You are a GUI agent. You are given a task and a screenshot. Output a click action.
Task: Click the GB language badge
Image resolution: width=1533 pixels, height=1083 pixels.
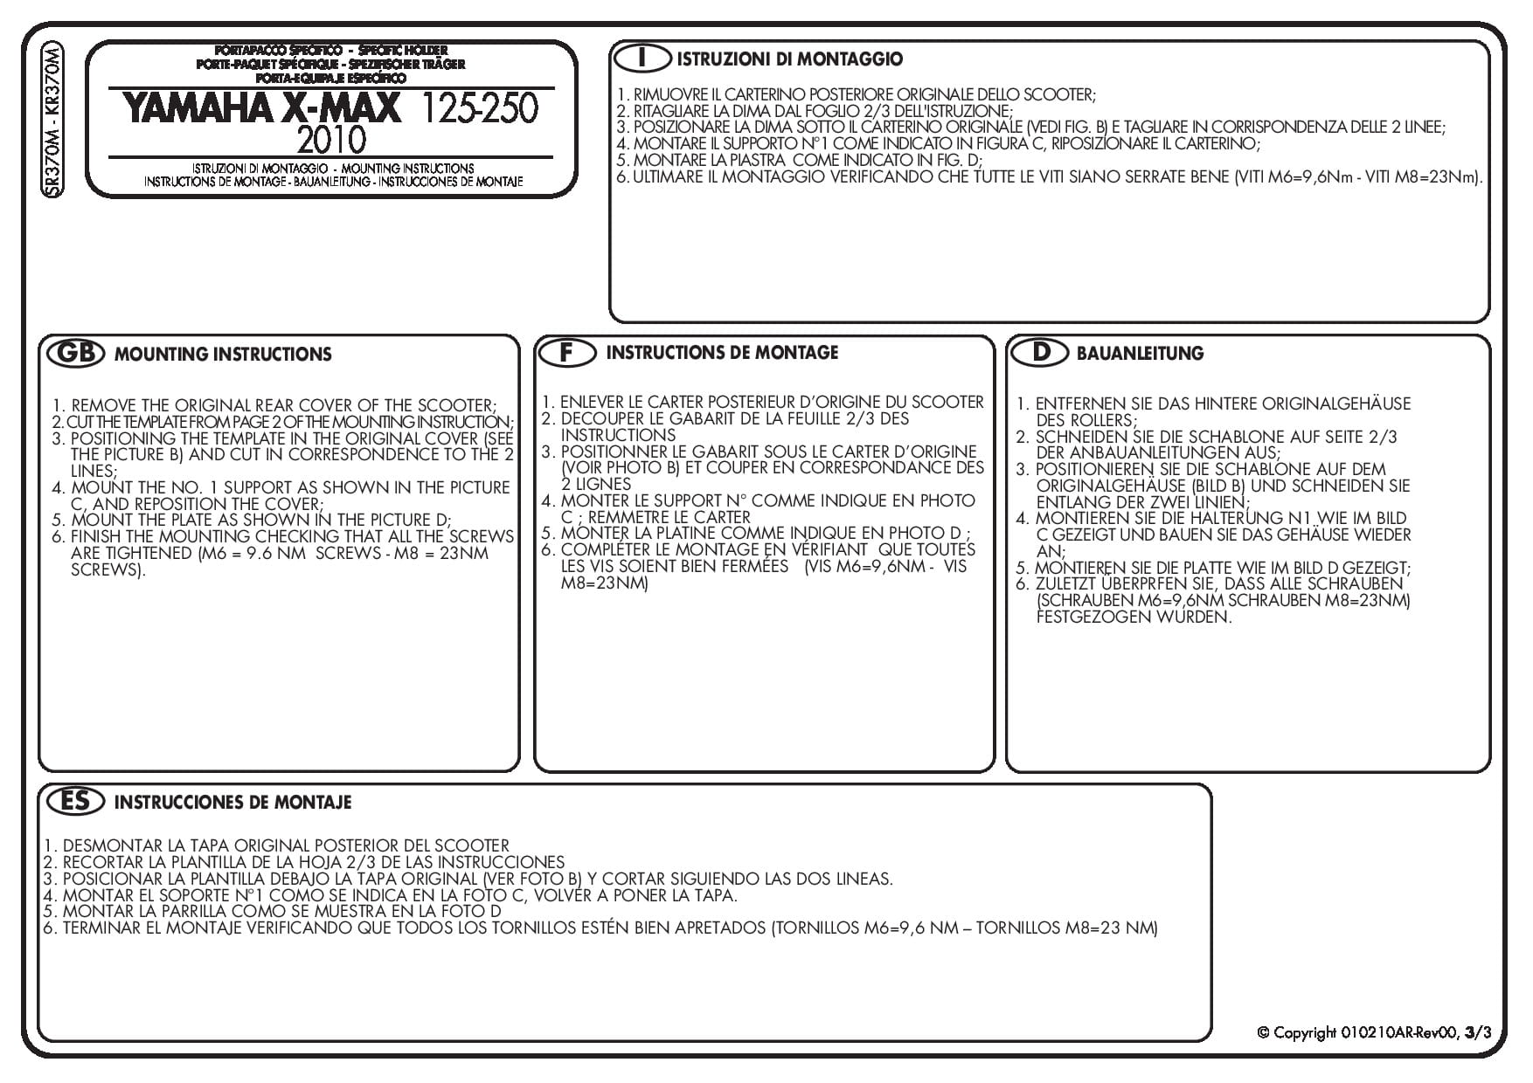tap(74, 353)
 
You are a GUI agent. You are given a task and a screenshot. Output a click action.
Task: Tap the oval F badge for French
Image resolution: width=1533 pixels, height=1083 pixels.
tap(566, 352)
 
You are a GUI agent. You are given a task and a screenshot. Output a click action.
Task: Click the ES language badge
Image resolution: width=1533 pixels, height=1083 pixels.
tap(73, 801)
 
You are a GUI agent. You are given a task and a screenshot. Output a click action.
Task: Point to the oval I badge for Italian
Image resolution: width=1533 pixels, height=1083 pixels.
tap(642, 59)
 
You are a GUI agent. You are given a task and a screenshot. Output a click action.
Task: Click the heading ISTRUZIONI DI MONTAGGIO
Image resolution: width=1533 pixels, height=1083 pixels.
tap(789, 59)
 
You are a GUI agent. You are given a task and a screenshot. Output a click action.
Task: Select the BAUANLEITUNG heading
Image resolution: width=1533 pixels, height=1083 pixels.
tap(1140, 354)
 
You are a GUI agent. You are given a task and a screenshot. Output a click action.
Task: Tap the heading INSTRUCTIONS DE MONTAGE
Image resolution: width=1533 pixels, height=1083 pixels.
tap(722, 352)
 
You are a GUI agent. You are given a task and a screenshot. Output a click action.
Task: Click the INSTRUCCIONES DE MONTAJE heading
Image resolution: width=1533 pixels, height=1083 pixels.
tap(232, 802)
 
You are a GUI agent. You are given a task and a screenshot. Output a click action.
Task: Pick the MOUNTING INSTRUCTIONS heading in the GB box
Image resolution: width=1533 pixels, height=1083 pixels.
tap(223, 354)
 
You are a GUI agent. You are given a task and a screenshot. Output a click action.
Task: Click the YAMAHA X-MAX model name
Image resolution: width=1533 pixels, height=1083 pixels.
tap(261, 108)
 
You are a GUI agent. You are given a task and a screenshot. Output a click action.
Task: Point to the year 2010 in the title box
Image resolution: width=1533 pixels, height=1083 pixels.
tap(331, 140)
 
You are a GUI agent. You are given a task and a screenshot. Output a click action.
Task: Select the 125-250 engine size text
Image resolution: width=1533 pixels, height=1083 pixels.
tap(480, 108)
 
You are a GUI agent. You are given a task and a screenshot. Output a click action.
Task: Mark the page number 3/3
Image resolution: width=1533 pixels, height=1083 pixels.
tap(1479, 1032)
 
